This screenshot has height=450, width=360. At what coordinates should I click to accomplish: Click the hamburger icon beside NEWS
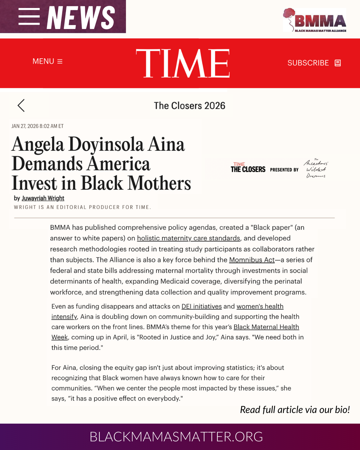29,16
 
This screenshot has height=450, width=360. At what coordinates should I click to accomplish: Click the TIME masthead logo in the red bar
183,63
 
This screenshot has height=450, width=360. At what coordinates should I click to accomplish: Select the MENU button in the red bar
47,61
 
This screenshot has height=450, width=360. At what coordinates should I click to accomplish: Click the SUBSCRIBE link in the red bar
314,63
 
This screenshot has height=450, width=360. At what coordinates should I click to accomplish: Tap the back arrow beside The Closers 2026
21,105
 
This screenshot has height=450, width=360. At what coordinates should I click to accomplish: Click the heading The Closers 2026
189,106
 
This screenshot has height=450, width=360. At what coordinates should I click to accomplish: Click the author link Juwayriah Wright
43,198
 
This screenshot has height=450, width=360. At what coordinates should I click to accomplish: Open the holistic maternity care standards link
188,238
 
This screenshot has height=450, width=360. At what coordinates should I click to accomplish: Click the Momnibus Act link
252,260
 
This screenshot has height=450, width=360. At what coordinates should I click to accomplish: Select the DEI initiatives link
201,306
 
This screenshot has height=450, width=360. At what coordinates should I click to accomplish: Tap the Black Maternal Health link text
266,327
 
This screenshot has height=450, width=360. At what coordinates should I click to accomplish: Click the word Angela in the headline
38,145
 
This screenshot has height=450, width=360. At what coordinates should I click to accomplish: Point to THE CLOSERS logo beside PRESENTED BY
248,168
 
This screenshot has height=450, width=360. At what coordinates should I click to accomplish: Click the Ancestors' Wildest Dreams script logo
316,169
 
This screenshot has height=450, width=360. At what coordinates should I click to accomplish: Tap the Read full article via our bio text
295,410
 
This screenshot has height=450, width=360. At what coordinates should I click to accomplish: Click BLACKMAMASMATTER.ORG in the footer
176,437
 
